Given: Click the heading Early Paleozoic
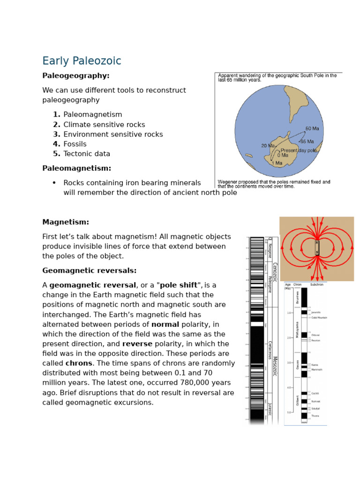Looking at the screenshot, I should [82, 61].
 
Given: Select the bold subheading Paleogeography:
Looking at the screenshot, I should [75, 75].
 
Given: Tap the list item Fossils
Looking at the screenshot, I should [75, 144].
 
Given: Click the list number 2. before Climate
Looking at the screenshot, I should [57, 125].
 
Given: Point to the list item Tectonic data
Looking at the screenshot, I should [87, 154].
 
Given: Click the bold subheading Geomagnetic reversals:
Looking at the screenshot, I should [89, 270].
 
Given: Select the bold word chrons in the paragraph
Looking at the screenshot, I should [79, 363].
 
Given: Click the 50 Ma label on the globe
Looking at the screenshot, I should [312, 128].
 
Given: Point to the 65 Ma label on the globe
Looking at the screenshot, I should [307, 142].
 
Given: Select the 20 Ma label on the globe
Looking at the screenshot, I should [268, 146].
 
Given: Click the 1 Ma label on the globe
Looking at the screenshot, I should [277, 163].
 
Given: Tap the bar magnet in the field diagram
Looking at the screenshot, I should [317, 247].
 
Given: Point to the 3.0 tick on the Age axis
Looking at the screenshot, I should [290, 362].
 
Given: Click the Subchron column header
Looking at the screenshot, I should [317, 285].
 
